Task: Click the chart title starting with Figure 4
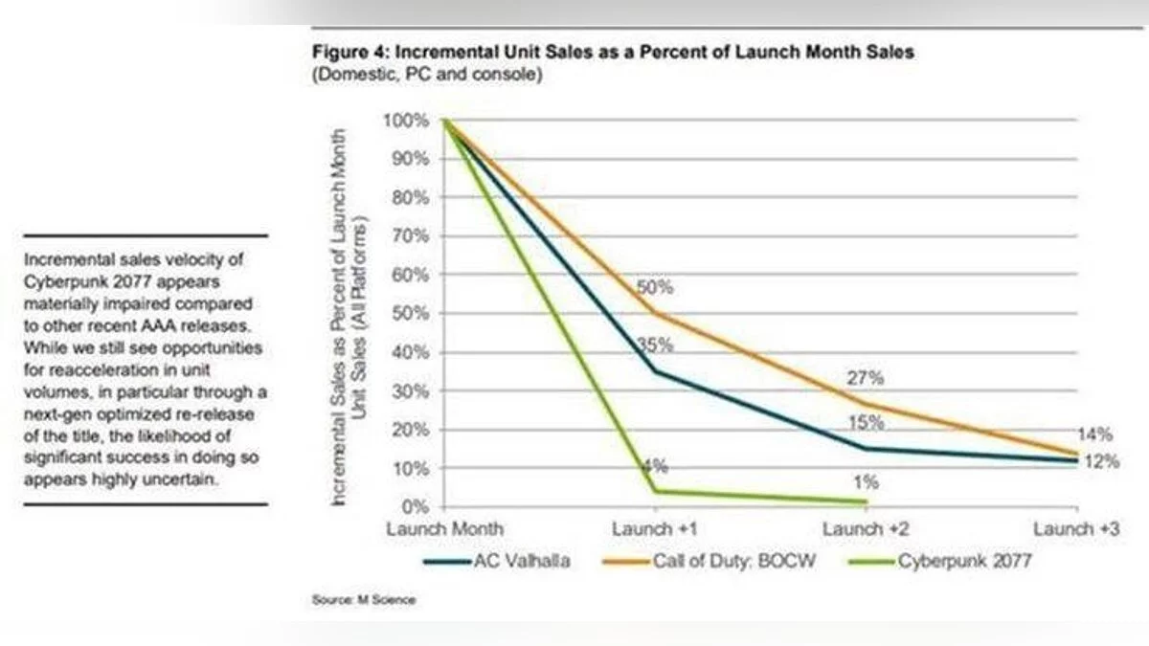coord(613,53)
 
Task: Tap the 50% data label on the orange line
coord(656,287)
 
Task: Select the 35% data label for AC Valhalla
coord(656,345)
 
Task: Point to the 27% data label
coord(866,378)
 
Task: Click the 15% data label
coord(866,423)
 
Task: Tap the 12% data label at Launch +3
coord(1103,461)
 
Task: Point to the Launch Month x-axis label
coord(444,528)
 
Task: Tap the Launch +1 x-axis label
coord(655,528)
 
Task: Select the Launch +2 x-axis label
coord(867,528)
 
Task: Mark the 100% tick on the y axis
coord(406,121)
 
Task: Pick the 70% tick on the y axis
coord(410,236)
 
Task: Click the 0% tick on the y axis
coord(414,506)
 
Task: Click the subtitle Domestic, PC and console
coord(427,75)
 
